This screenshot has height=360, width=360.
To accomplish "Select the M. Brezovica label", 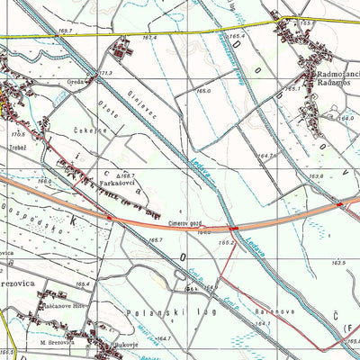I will point(59,342).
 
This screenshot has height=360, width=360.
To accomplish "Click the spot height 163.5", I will point(338,262).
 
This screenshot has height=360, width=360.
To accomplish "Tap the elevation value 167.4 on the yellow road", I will point(148,38).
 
